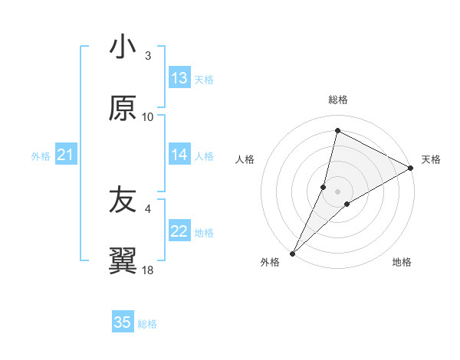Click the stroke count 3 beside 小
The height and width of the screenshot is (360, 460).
click(x=148, y=56)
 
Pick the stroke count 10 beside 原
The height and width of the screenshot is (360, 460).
click(x=148, y=116)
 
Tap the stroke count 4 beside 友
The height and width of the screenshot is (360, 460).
click(x=148, y=208)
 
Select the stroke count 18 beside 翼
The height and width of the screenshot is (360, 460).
click(x=148, y=270)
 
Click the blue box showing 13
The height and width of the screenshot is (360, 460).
click(x=179, y=78)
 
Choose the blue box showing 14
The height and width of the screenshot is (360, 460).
click(x=179, y=155)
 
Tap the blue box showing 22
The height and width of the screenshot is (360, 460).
click(x=179, y=231)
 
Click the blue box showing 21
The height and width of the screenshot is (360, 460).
click(x=65, y=155)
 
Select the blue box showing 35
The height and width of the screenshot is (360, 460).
click(x=123, y=322)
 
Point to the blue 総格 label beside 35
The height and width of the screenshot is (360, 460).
click(x=147, y=324)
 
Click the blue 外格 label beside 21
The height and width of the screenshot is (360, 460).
click(x=41, y=156)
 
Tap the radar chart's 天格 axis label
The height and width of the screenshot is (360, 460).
click(x=431, y=159)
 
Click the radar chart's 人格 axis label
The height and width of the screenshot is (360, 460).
click(x=245, y=159)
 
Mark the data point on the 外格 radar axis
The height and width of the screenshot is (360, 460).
click(x=292, y=253)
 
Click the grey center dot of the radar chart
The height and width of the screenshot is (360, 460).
click(x=338, y=191)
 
